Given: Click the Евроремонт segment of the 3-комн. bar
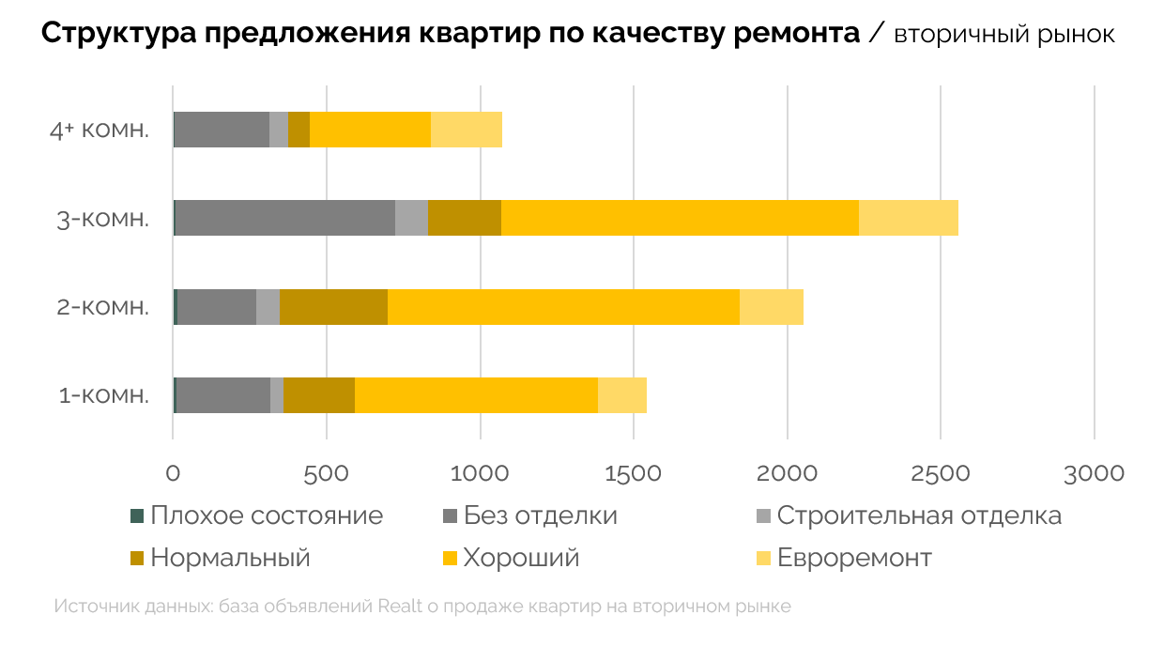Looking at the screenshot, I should tap(908, 218).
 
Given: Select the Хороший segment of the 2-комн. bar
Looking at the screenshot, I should tap(563, 307).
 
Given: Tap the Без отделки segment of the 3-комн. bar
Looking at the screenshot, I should tap(285, 218).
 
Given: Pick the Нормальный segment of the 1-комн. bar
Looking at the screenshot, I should tap(319, 395).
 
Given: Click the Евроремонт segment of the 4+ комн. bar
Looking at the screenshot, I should tap(467, 130).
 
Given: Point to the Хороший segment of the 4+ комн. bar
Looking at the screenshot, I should tap(370, 130).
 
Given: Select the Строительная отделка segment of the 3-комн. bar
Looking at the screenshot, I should tap(411, 218).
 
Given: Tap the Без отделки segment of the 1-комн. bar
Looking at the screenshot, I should tap(223, 395).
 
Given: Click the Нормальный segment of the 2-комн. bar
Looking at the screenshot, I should tap(333, 307).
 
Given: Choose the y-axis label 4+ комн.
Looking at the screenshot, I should tap(100, 130).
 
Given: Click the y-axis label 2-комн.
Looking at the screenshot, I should tap(103, 307).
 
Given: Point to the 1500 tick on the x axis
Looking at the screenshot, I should tap(634, 472).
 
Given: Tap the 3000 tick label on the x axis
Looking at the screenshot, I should tap(1095, 472).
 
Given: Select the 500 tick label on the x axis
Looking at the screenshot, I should tap(327, 472).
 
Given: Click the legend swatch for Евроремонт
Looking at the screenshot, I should tap(764, 559).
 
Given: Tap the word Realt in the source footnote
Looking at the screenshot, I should tap(400, 607).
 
